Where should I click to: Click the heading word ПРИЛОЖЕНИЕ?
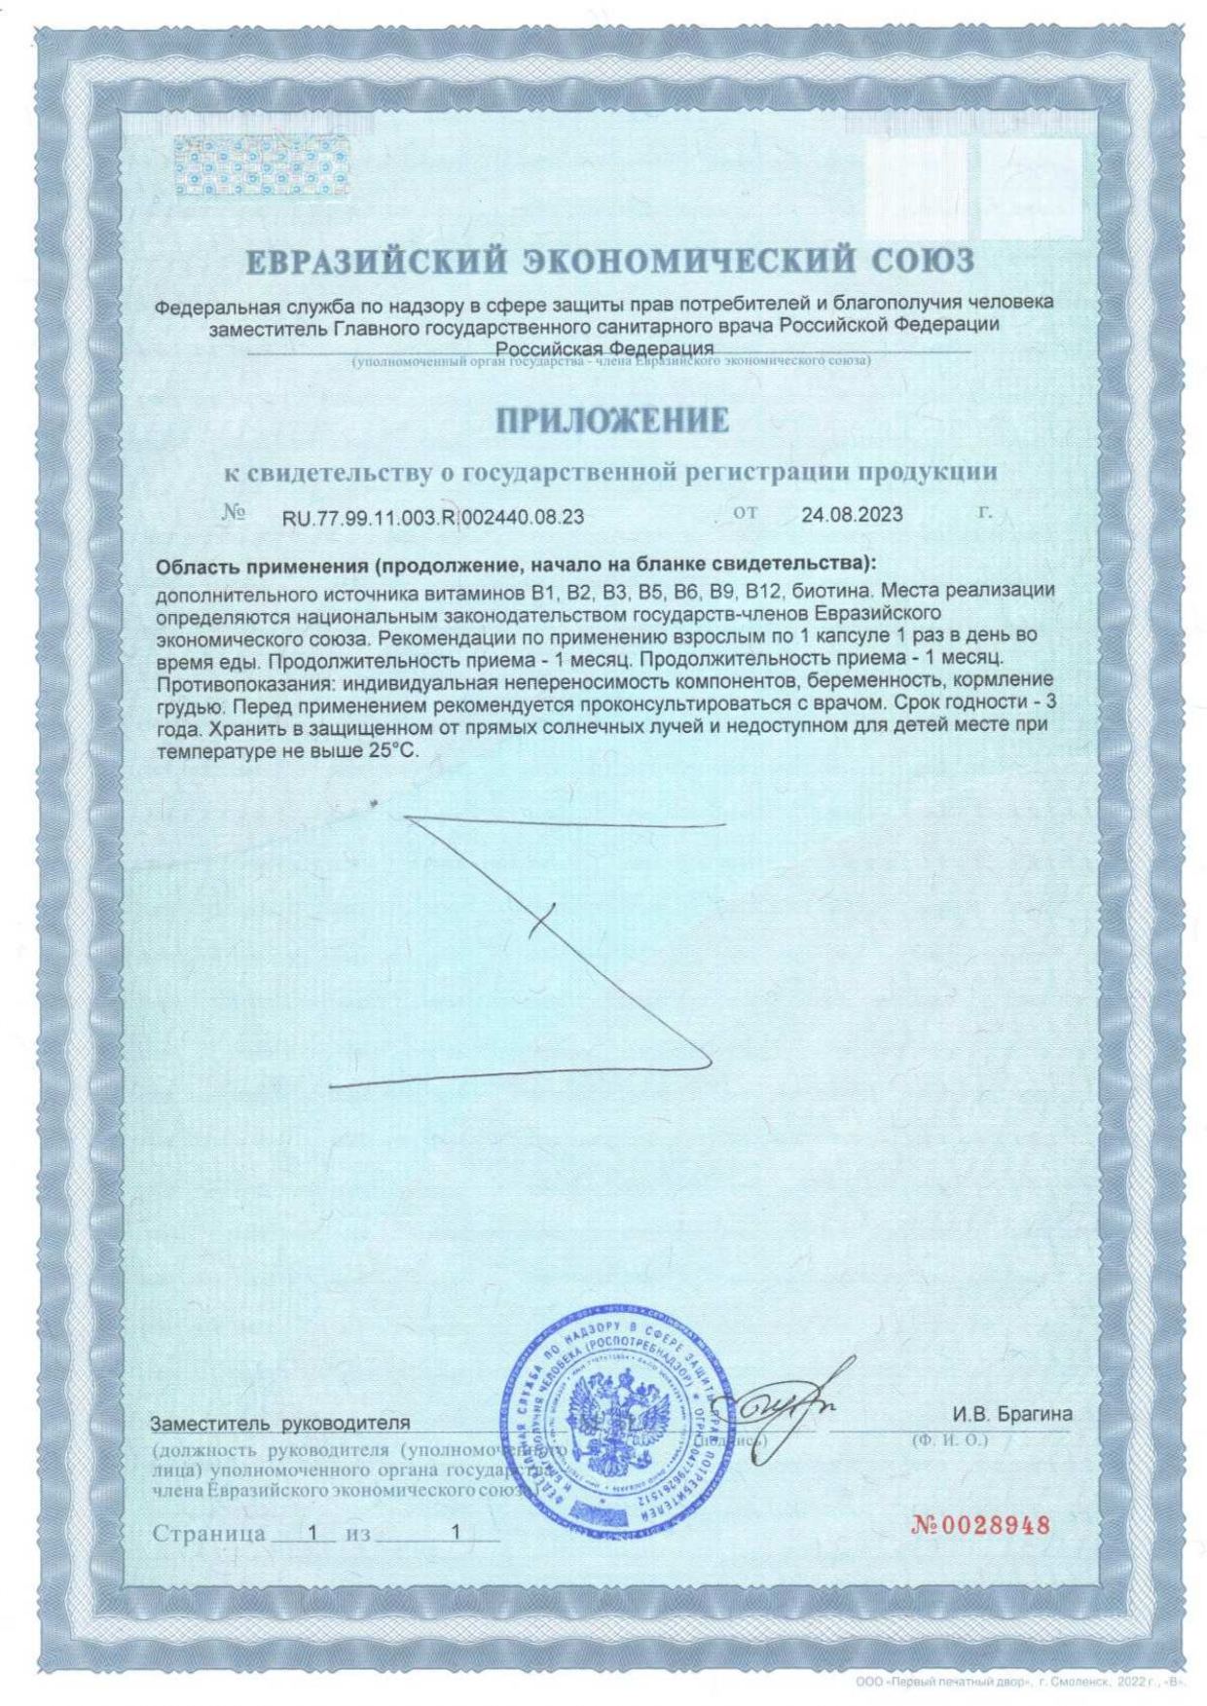(x=612, y=420)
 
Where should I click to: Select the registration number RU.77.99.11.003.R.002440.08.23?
(x=433, y=517)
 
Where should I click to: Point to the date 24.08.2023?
(x=852, y=515)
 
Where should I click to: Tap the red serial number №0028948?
(x=980, y=1525)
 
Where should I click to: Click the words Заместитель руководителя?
(x=280, y=1424)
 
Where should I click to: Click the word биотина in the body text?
(x=838, y=591)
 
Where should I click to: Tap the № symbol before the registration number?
(x=234, y=513)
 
